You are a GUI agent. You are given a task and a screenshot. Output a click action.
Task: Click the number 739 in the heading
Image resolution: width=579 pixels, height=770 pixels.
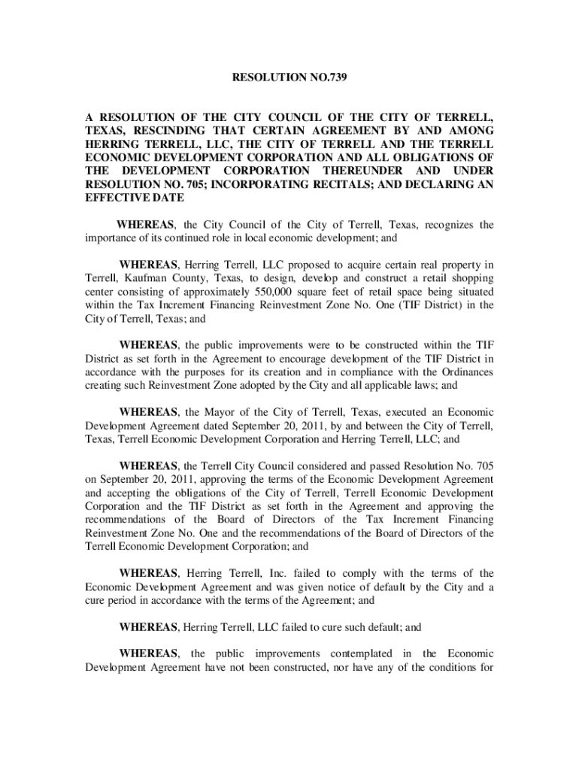(336, 77)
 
